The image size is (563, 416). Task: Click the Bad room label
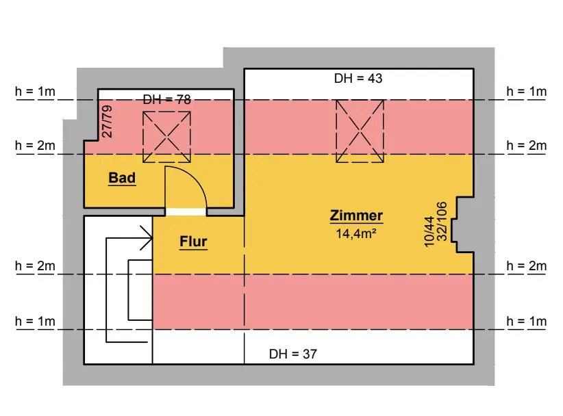122,179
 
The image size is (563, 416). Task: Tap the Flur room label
193,242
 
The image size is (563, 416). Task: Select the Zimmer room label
356,216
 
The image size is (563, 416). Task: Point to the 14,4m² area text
356,234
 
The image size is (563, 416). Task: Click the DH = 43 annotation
358,79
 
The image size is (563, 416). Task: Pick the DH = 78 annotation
166,100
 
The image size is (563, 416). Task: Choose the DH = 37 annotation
293,354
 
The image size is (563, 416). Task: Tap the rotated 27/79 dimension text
108,122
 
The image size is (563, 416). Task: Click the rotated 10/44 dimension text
429,231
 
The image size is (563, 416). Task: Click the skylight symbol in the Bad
166,135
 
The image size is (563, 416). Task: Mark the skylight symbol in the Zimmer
360,131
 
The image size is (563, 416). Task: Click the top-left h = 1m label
36,91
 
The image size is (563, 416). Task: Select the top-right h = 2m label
526,145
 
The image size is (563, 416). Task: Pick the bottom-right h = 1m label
526,322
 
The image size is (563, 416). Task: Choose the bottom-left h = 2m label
36,266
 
